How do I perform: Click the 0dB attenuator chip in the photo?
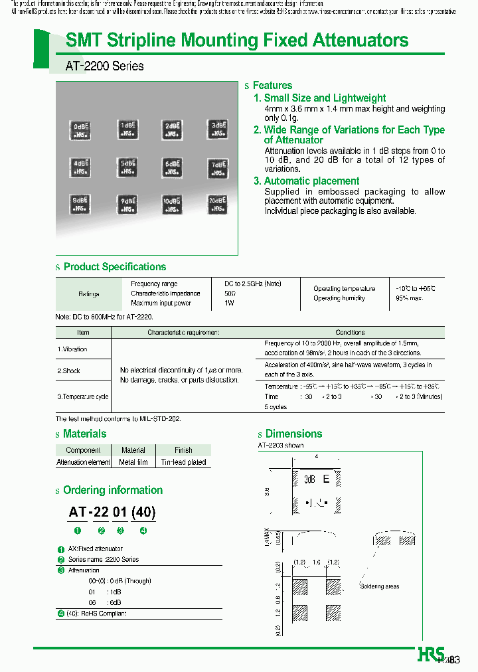point(80,130)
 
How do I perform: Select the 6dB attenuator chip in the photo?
point(171,167)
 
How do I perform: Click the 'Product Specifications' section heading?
point(114,267)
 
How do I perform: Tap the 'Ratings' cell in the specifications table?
point(88,294)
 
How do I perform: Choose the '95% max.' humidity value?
point(410,298)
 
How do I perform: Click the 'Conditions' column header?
point(350,332)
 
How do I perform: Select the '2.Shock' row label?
point(69,371)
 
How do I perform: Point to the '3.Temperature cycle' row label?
point(82,396)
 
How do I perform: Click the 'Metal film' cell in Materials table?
point(133,462)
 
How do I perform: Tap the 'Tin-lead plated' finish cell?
point(183,462)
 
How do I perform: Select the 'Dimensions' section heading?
point(293,434)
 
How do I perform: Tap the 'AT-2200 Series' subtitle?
point(104,66)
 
